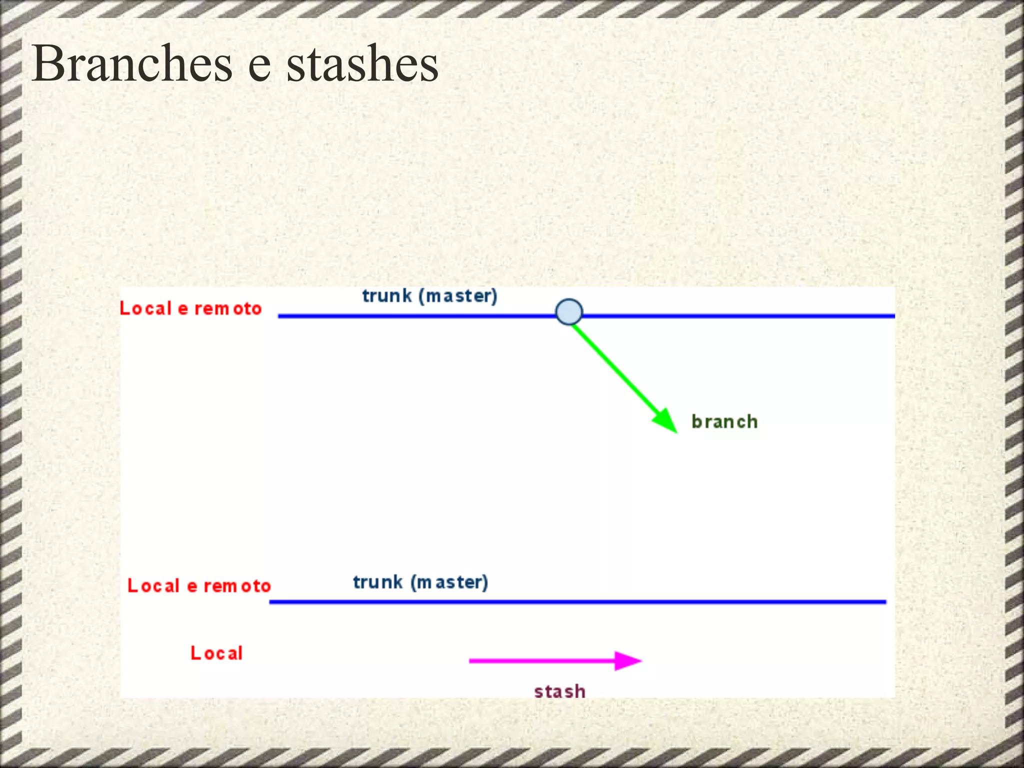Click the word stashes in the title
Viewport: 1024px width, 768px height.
click(362, 64)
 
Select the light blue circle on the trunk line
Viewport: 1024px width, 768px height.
click(569, 312)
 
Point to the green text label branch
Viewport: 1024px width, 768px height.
click(724, 422)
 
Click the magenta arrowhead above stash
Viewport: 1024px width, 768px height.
click(627, 660)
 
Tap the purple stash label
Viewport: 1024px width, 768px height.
click(559, 691)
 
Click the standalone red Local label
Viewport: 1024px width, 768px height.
click(216, 653)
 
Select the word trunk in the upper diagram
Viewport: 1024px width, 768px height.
click(387, 296)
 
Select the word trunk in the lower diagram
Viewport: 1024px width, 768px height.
click(378, 582)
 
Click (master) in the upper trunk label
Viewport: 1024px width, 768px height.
click(458, 296)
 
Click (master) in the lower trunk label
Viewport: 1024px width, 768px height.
click(449, 582)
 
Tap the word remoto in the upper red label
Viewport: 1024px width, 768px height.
click(228, 309)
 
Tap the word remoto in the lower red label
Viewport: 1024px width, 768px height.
click(237, 586)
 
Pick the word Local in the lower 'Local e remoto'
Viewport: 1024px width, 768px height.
click(153, 585)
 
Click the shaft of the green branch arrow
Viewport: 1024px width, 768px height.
click(615, 370)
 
